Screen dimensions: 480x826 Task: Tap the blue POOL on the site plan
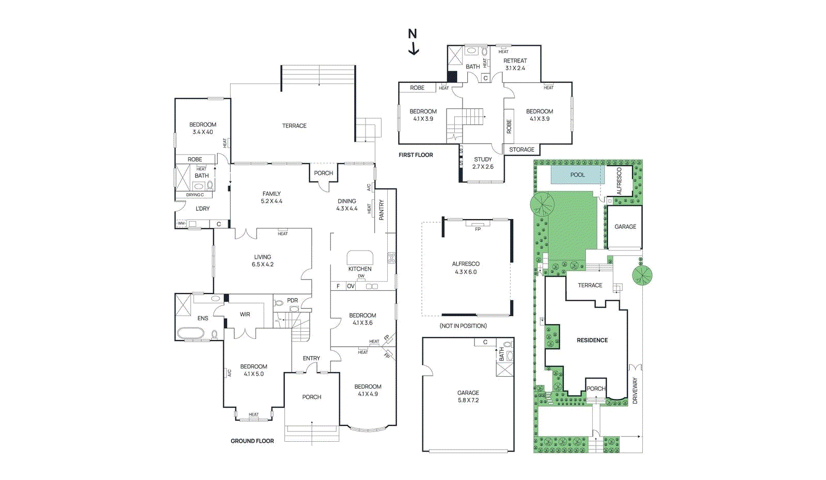577,175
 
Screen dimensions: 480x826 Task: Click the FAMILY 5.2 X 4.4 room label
272,197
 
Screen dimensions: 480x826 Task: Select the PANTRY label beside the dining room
382,210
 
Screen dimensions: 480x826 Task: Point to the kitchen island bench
360,257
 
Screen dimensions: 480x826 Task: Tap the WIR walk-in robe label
245,314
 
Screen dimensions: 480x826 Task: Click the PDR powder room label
292,300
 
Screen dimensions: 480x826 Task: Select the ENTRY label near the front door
311,358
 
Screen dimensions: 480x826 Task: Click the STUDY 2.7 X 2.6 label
483,163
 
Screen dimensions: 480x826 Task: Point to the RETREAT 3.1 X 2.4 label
515,64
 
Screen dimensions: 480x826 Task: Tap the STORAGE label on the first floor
521,150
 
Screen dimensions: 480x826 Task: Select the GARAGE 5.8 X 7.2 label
468,396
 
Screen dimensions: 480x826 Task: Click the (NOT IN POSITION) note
463,326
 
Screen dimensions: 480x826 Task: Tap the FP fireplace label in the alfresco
478,229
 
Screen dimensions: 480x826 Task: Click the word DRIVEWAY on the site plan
635,391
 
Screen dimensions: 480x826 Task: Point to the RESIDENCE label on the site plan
592,340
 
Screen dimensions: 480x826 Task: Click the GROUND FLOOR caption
252,441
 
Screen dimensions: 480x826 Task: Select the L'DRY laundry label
202,209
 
